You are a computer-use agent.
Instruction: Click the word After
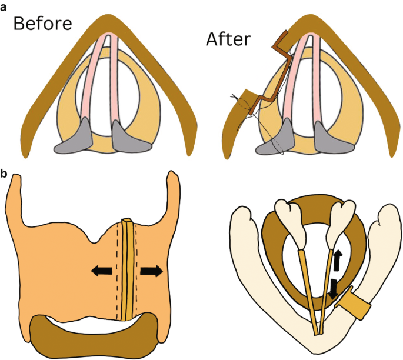(228, 39)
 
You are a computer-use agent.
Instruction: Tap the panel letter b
(5, 174)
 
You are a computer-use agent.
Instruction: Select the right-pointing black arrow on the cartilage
(151, 271)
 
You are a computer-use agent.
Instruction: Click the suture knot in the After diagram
(234, 98)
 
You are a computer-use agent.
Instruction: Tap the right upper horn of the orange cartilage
(172, 191)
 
